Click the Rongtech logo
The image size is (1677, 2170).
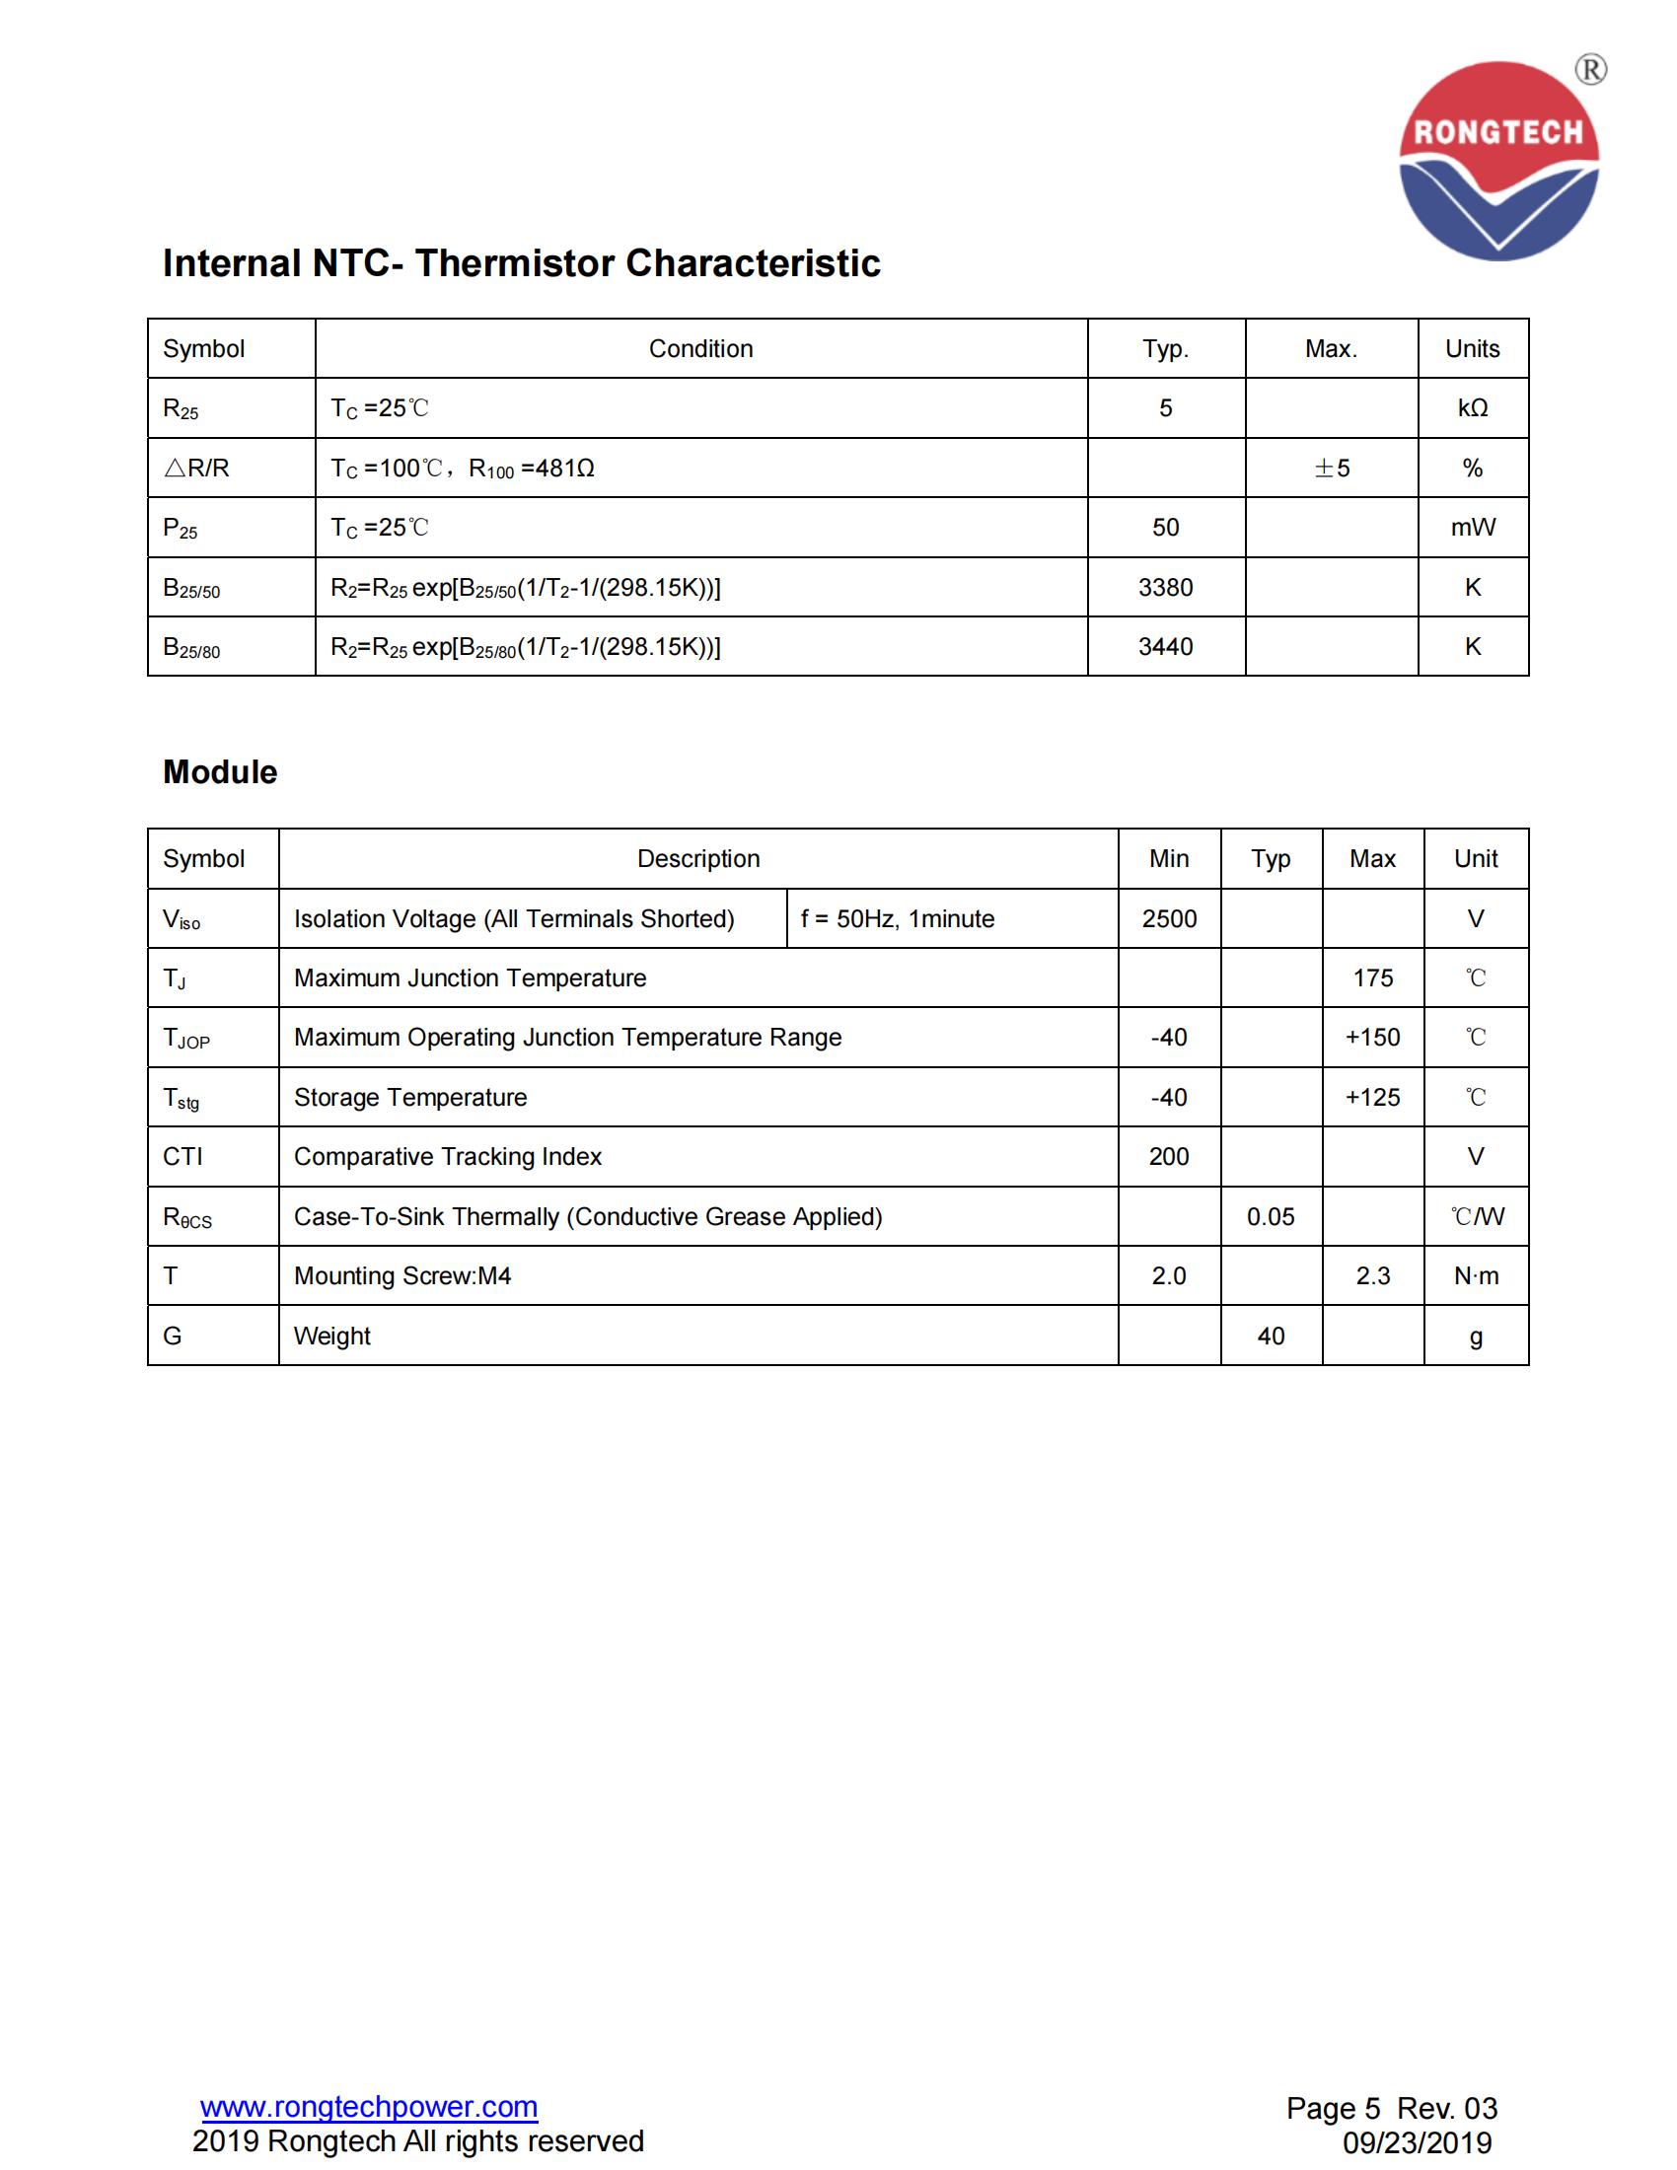click(1498, 161)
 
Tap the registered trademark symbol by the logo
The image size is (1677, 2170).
click(1590, 70)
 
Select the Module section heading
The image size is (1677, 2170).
click(220, 772)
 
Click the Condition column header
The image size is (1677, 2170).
click(700, 349)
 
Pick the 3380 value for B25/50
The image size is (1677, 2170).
click(1165, 587)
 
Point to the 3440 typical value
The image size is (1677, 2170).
click(1165, 647)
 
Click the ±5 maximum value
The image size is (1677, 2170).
click(1332, 468)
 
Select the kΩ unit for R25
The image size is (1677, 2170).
click(1473, 408)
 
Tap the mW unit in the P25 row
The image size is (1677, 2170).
click(1473, 528)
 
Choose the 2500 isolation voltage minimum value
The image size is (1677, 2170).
click(1169, 919)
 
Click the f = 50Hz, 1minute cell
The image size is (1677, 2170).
click(897, 919)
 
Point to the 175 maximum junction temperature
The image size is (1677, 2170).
click(1373, 978)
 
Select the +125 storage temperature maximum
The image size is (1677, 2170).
click(1372, 1098)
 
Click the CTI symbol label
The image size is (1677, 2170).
click(182, 1157)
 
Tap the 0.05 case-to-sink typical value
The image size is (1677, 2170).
click(1271, 1217)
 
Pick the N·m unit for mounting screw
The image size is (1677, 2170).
click(1476, 1275)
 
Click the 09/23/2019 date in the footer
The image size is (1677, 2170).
click(1417, 2142)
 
